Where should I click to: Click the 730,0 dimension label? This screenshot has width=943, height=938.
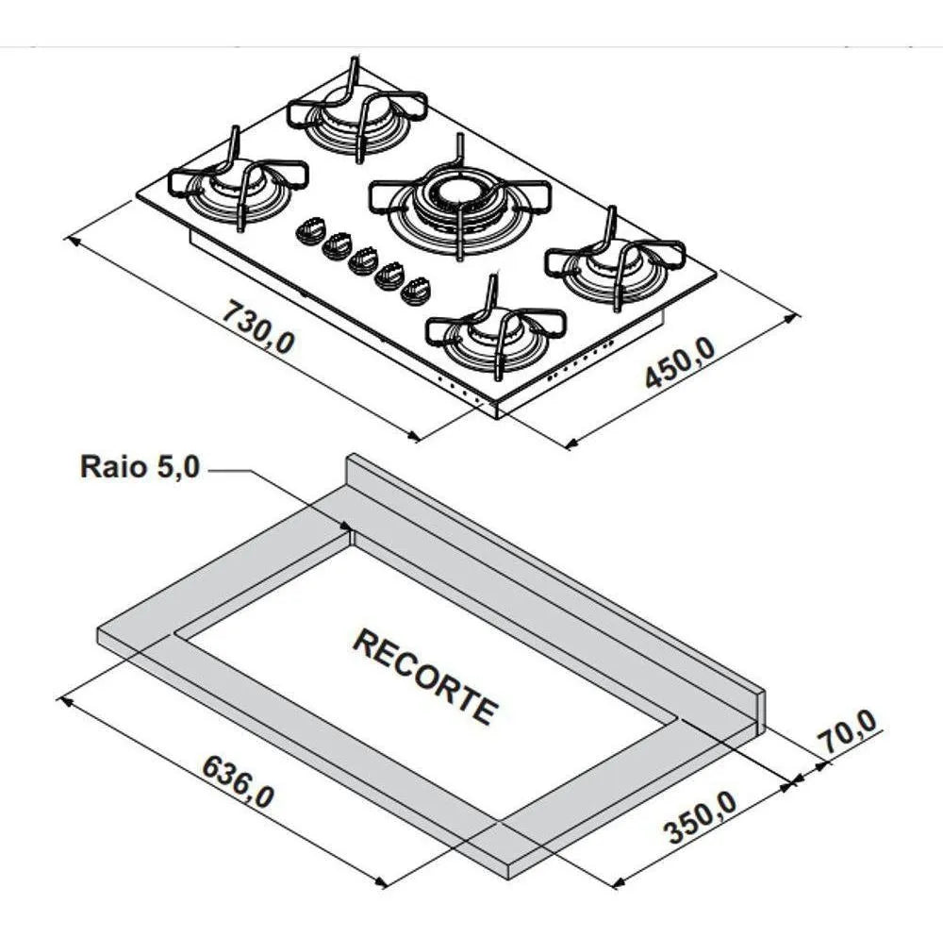tap(258, 327)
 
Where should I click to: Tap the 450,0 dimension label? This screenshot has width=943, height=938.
tap(679, 362)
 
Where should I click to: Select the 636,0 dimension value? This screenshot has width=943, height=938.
tap(238, 782)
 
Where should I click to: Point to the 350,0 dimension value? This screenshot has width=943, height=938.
tap(699, 817)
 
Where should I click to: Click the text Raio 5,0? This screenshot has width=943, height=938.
tap(140, 467)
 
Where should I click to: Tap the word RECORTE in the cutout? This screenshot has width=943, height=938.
tap(425, 676)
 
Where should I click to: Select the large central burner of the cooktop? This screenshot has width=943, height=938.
tap(459, 197)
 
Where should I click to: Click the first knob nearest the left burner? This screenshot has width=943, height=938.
tap(310, 231)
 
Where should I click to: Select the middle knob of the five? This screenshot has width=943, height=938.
tap(363, 261)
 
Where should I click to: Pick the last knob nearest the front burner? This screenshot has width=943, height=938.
tap(415, 291)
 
